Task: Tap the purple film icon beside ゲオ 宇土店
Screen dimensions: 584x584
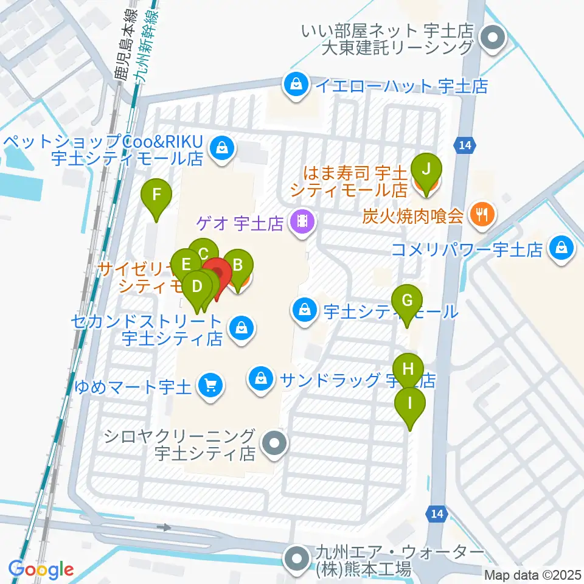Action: pos(302,223)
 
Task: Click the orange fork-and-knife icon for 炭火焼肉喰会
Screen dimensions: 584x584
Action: pos(484,215)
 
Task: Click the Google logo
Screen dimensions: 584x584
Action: pos(41,570)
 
